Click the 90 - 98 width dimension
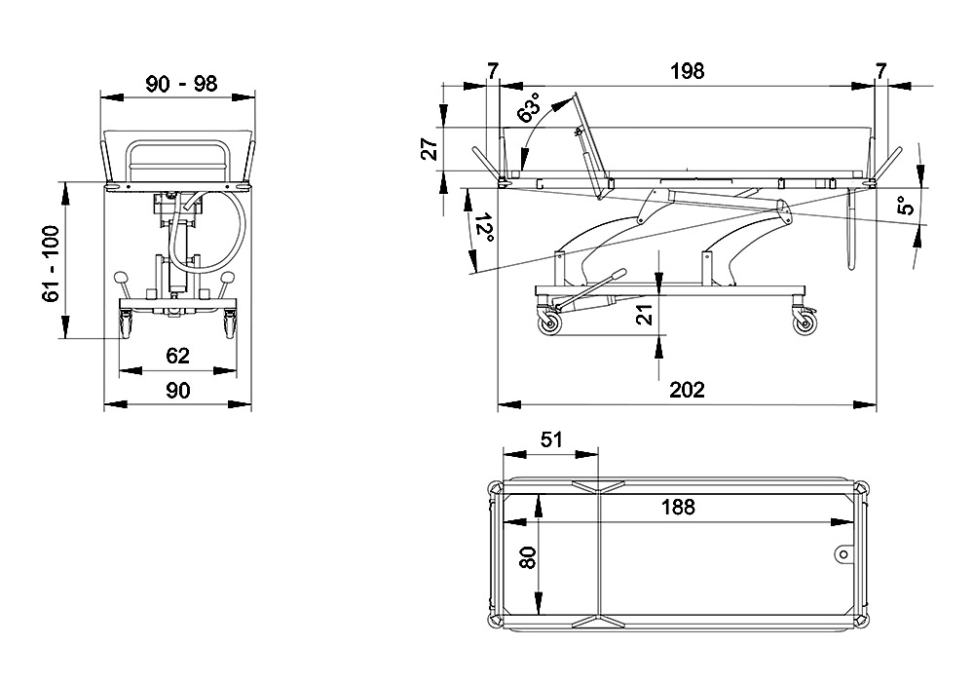click(x=180, y=83)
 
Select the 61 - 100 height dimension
click(x=52, y=262)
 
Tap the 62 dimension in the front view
click(x=177, y=356)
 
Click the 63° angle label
click(x=531, y=109)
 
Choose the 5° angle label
click(x=905, y=205)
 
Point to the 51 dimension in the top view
click(x=551, y=439)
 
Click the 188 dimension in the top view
click(x=677, y=507)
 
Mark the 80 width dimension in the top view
click(x=527, y=557)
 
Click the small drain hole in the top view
click(x=843, y=553)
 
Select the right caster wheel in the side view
click(x=805, y=325)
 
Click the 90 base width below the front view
click(x=177, y=390)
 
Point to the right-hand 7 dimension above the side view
click(x=881, y=71)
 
